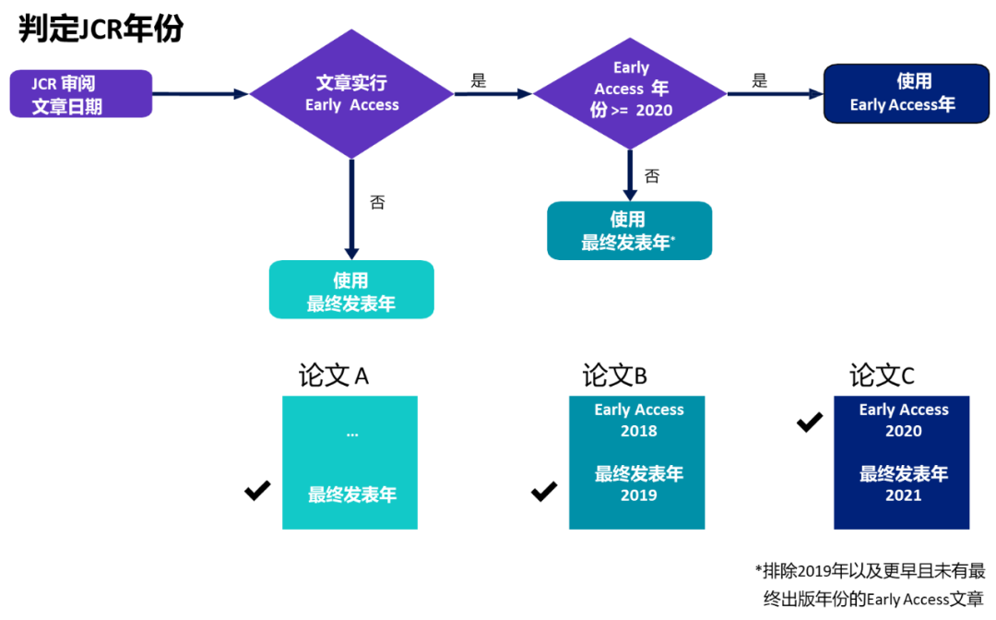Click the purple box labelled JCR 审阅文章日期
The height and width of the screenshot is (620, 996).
pos(80,94)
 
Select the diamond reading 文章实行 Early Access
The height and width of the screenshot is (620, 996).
pos(351,94)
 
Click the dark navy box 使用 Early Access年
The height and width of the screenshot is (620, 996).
pos(906,93)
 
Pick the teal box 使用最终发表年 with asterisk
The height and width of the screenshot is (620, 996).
pos(630,231)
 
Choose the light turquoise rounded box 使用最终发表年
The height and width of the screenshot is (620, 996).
pos(351,291)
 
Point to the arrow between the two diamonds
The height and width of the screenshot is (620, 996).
pos(492,94)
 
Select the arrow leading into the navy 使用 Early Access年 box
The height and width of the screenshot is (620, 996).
pos(775,94)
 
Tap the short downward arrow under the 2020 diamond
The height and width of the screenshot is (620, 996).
pos(630,175)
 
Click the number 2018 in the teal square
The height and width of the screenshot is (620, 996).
pos(638,431)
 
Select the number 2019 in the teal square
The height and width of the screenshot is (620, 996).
pos(638,495)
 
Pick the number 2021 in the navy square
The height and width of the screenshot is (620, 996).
pos(904,495)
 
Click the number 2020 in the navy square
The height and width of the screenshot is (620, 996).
pos(904,431)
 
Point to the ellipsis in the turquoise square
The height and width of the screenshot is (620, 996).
pos(351,434)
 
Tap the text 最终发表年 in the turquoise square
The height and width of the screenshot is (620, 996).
pos(351,495)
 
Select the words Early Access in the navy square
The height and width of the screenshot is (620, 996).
pos(904,410)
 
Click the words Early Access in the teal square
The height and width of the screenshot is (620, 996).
pos(638,410)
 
